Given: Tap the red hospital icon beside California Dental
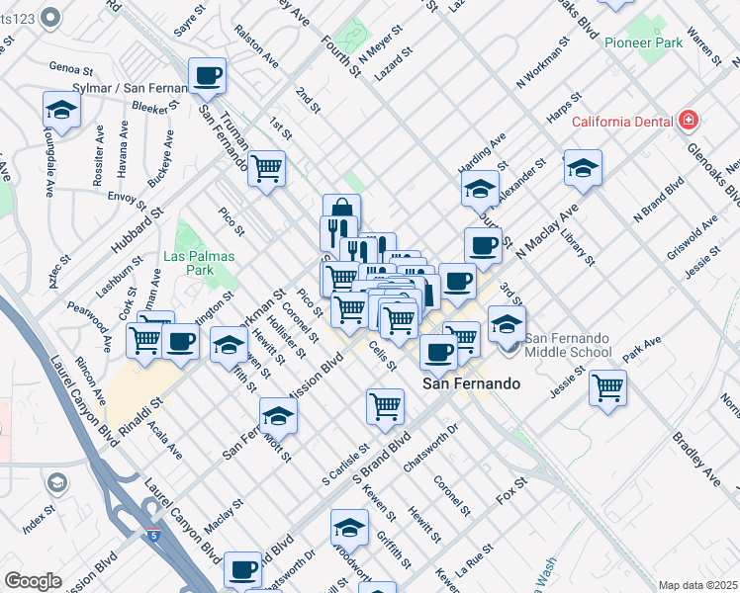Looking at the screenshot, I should pyautogui.click(x=689, y=122).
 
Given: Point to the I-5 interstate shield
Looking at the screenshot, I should pyautogui.click(x=153, y=535).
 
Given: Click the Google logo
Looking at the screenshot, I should pyautogui.click(x=33, y=581).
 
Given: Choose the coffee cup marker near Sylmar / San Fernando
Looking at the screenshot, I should pyautogui.click(x=208, y=75).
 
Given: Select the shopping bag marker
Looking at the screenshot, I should pyautogui.click(x=341, y=211).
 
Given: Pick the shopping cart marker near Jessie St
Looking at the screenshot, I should pyautogui.click(x=607, y=385).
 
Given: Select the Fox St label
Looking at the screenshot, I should pyautogui.click(x=513, y=487).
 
